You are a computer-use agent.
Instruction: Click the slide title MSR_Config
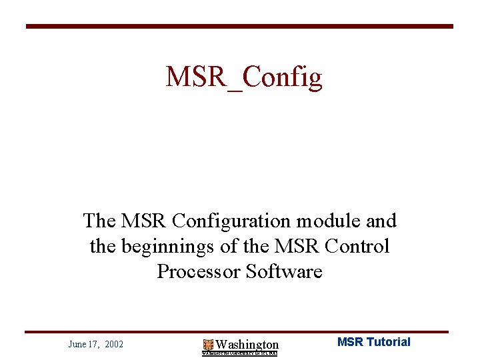(244, 77)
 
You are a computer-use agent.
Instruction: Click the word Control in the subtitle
(357, 246)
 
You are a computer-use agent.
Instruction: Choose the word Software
(284, 271)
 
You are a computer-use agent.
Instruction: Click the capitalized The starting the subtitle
(98, 220)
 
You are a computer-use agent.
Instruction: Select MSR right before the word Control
(304, 246)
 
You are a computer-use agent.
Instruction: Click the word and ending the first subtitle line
(382, 220)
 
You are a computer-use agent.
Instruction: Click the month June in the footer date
(77, 344)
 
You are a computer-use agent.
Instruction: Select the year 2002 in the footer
(114, 344)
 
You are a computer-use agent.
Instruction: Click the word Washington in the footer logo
(247, 344)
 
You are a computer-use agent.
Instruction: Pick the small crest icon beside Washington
(208, 345)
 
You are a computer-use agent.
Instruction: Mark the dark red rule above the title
(239, 27)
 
